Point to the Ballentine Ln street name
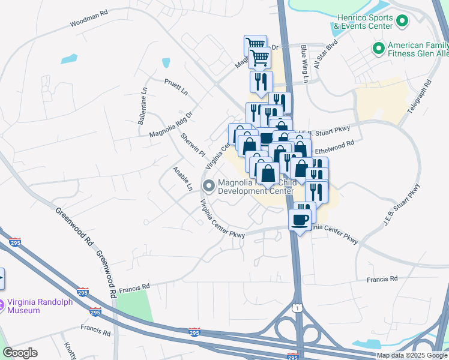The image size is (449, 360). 142,106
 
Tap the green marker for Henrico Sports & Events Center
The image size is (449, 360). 402,22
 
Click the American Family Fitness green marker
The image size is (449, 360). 379,47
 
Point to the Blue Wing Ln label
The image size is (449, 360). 304,63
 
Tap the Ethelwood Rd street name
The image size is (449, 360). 334,147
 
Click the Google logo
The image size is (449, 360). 20,353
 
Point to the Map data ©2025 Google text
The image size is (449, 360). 412,355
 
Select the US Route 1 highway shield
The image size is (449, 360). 297,307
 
